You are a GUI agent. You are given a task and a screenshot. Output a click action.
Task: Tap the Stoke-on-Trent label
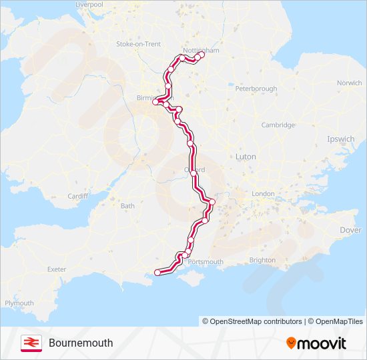coord(139,44)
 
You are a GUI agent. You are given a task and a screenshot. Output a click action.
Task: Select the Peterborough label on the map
coord(256,89)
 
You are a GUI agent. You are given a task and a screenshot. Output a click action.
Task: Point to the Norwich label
coord(349,83)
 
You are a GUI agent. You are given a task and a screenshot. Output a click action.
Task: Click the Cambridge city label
coord(278,125)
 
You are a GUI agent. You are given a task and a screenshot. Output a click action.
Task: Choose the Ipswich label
coord(340,139)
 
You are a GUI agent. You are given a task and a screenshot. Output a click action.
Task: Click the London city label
coord(263,194)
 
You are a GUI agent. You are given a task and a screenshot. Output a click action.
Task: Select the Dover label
coord(350,230)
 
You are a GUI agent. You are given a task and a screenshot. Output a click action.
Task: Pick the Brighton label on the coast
coord(262,260)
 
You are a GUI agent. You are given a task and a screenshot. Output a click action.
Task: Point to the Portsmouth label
coord(206,262)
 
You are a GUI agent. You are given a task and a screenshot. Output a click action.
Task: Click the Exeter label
coord(57,269)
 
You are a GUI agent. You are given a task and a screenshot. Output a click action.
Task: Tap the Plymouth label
coord(19,303)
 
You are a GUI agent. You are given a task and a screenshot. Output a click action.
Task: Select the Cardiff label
coord(77,196)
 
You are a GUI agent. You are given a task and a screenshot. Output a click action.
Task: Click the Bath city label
coord(127,206)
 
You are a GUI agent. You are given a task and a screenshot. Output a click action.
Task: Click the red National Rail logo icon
coord(31,343)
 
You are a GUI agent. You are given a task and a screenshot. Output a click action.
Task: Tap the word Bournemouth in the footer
coord(81,343)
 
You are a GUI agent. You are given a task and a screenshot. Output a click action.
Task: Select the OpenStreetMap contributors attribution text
coord(252,321)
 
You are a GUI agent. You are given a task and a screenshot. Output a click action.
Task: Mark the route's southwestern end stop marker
coord(157,272)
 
